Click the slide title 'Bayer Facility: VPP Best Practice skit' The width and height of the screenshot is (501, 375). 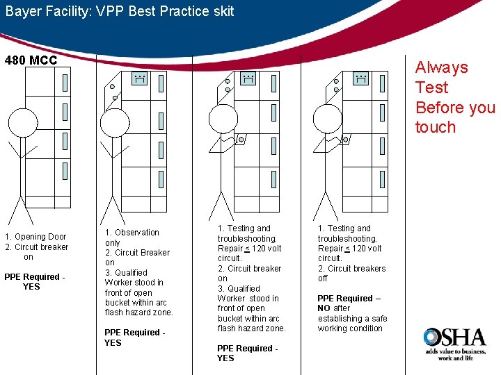[x=120, y=11]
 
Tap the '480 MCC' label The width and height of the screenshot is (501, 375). [x=31, y=60]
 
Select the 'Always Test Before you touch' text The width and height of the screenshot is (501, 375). [x=454, y=97]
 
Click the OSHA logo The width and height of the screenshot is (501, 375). [x=454, y=341]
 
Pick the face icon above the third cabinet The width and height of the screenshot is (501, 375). [x=247, y=79]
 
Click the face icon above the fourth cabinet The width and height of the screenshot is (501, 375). [x=360, y=79]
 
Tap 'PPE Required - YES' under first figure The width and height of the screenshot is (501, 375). [x=34, y=282]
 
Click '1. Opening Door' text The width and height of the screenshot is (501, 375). [x=35, y=237]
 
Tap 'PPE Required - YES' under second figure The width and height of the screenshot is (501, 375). [x=134, y=337]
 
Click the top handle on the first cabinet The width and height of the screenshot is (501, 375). [x=65, y=83]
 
